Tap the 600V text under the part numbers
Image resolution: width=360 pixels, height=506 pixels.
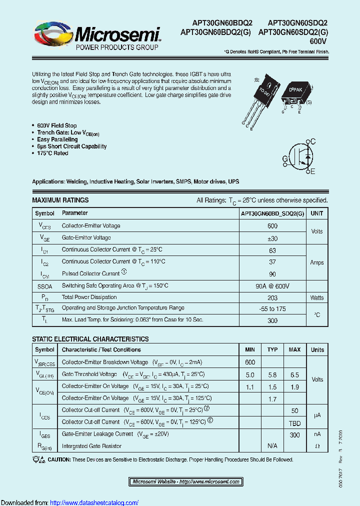coord(318,41)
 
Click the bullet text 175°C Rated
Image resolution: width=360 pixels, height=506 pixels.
coord(52,153)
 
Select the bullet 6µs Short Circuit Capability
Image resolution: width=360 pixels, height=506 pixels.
coord(71,146)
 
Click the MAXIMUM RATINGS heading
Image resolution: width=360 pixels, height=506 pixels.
coord(60,200)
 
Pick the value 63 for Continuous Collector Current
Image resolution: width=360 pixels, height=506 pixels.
coord(272,249)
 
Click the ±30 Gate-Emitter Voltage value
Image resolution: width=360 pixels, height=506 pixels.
coord(272,238)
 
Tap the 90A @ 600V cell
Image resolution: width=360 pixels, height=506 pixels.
coord(272,286)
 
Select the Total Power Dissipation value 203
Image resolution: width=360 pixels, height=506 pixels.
coord(272,297)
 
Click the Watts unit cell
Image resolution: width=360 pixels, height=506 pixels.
coord(316,297)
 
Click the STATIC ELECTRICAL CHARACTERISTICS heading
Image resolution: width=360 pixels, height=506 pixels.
coord(90,339)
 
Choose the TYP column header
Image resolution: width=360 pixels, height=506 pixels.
coord(272,350)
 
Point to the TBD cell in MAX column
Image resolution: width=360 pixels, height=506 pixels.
coord(294,422)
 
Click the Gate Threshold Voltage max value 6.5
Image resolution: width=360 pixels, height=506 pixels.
coord(294,374)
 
